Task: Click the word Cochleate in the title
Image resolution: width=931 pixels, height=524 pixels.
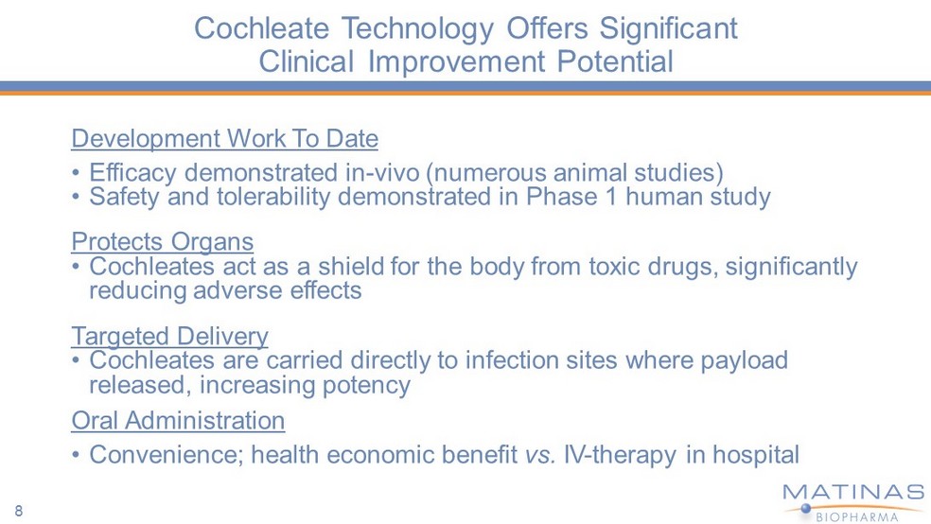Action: (x=261, y=27)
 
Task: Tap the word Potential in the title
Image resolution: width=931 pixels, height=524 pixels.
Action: (x=615, y=61)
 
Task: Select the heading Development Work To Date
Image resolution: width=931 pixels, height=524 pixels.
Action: (x=224, y=138)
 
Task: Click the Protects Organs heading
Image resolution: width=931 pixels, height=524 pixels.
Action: (x=162, y=242)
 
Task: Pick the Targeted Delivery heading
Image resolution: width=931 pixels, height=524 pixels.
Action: (x=169, y=337)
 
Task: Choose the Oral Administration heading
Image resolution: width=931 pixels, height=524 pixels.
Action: (x=178, y=420)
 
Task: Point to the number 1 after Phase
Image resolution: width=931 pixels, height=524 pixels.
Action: (x=611, y=197)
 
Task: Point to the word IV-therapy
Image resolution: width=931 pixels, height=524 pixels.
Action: (x=620, y=455)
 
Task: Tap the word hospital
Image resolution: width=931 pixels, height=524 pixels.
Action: (x=755, y=455)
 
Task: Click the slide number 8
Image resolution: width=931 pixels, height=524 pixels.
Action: (x=19, y=511)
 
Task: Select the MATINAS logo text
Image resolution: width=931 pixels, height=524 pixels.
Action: (x=853, y=493)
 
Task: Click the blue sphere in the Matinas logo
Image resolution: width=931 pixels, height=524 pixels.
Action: (x=806, y=508)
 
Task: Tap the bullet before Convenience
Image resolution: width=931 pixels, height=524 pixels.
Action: (x=76, y=455)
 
